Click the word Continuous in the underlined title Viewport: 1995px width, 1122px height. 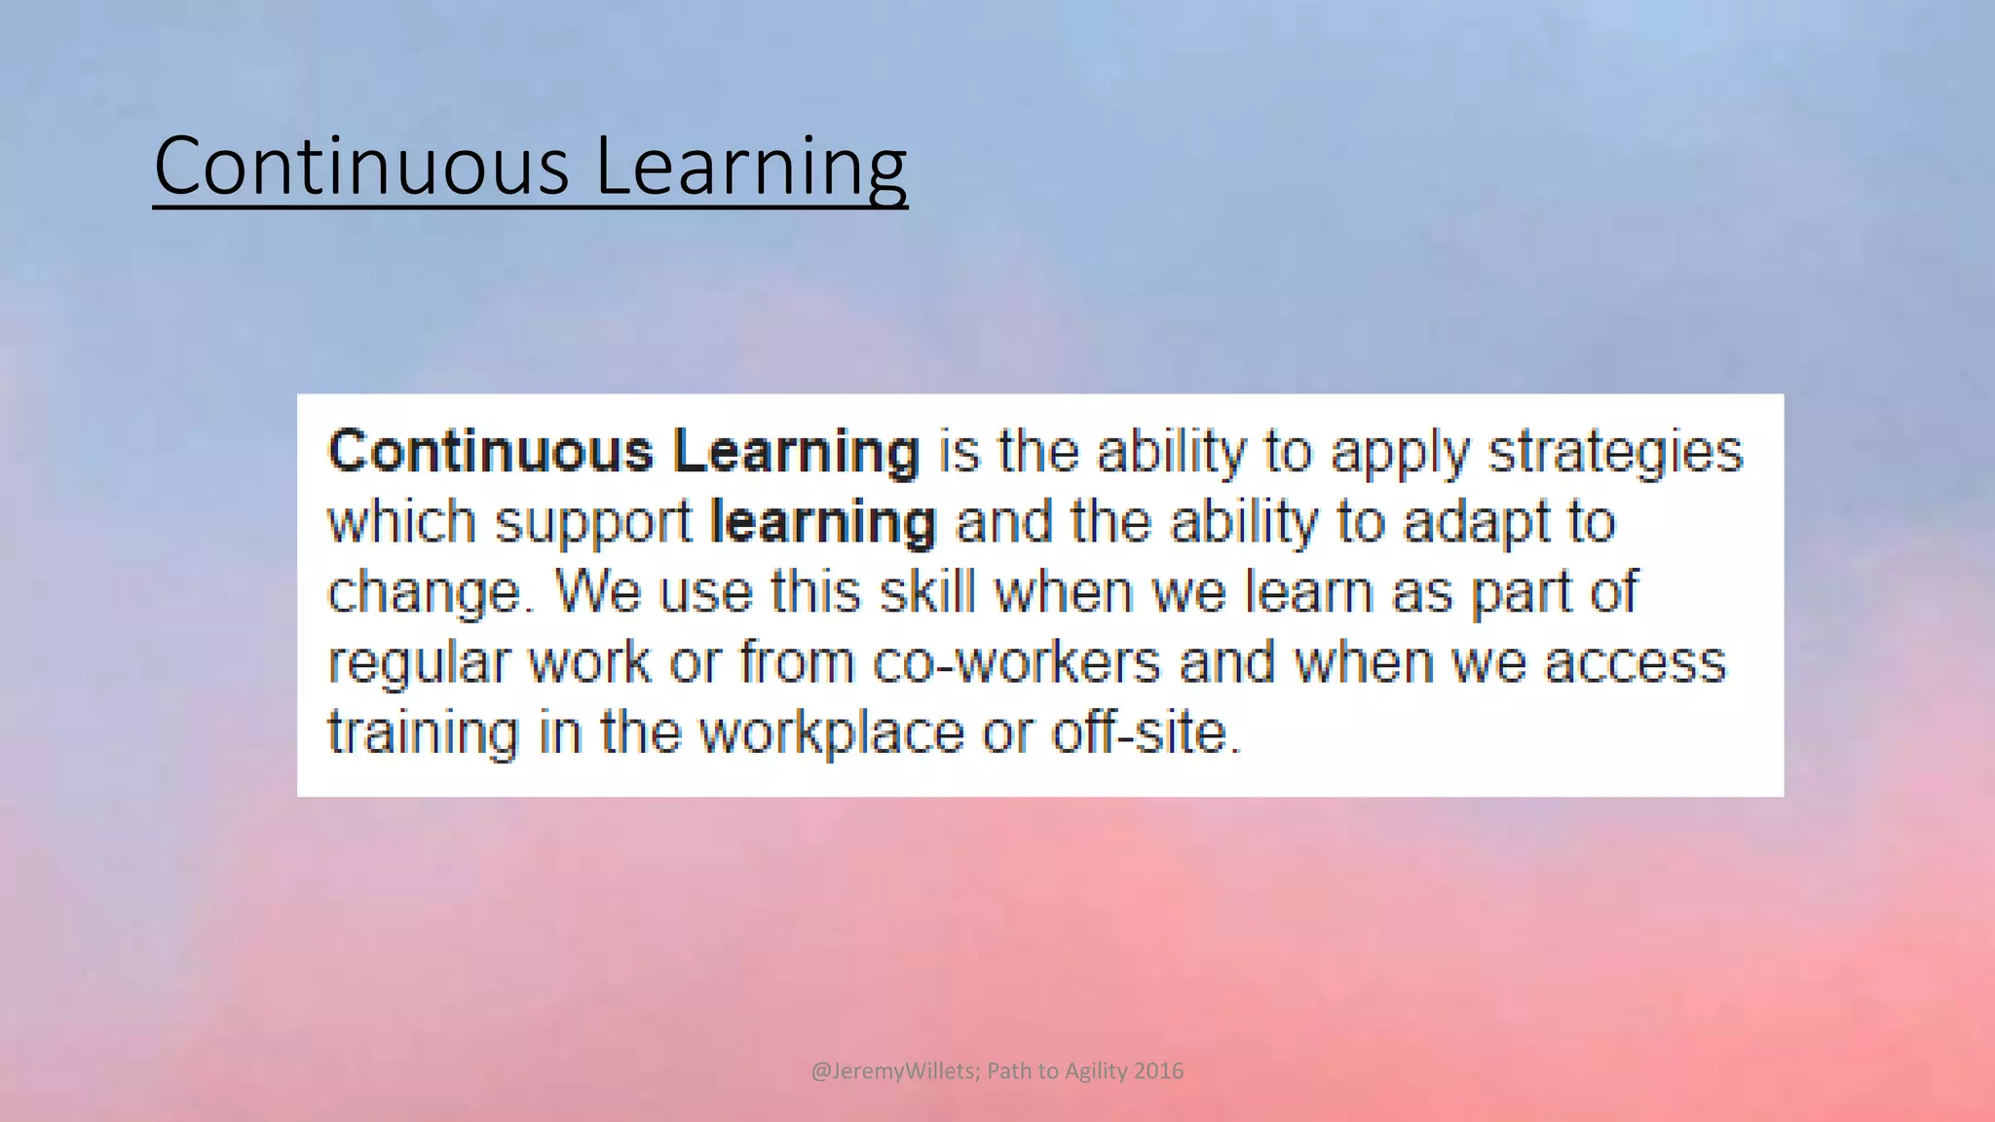click(361, 166)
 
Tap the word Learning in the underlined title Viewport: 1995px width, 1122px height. click(750, 168)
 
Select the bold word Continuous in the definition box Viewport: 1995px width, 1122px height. click(490, 452)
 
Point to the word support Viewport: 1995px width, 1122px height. click(593, 524)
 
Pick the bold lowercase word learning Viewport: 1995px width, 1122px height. click(823, 524)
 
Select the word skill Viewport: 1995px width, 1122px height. click(927, 592)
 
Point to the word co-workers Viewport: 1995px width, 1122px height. click(1016, 662)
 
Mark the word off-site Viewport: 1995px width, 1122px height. click(1146, 732)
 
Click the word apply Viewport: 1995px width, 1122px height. click(1399, 454)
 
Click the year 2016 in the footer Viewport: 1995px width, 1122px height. click(1159, 1071)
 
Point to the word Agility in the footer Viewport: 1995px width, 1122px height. click(1097, 1071)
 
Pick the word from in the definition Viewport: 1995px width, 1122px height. click(796, 662)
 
